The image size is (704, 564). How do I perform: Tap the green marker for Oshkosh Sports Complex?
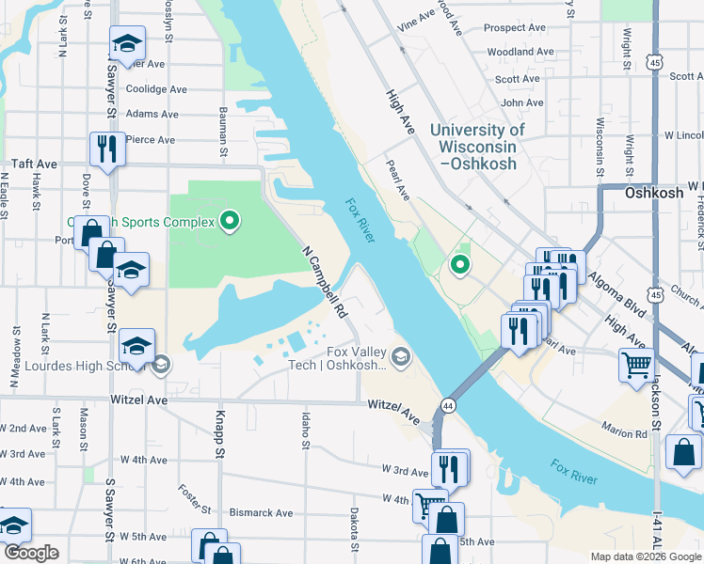tap(230, 222)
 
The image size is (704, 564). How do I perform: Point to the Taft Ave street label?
tap(34, 164)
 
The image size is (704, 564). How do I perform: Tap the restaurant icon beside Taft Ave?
tap(107, 149)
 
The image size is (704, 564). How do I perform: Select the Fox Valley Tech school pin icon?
tap(401, 355)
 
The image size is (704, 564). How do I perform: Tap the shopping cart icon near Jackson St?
tap(637, 364)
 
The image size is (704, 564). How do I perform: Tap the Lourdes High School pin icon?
tap(161, 365)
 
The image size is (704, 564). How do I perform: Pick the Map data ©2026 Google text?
tap(645, 556)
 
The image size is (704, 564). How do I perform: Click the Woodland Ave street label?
tap(519, 52)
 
